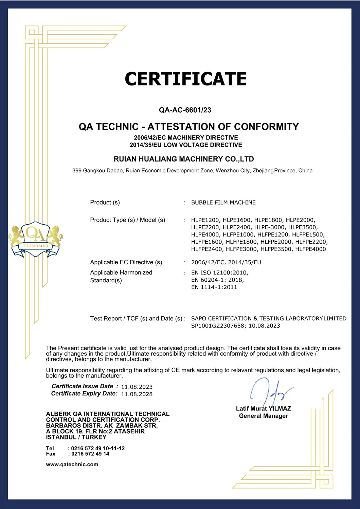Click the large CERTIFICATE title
click(185, 79)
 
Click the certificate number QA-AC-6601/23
click(185, 110)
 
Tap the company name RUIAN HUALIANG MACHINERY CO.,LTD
click(184, 159)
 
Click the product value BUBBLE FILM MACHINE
click(223, 203)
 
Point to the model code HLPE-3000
click(269, 227)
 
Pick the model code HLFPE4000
click(310, 249)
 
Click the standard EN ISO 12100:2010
click(219, 272)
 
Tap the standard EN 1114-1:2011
click(214, 287)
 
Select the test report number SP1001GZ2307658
click(218, 326)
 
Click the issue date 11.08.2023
click(137, 387)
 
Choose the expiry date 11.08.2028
click(137, 394)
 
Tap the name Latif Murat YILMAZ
click(263, 409)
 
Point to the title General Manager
click(263, 416)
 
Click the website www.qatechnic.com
click(72, 465)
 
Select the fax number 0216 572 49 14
click(90, 454)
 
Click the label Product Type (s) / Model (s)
click(127, 220)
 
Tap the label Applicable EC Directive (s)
click(126, 262)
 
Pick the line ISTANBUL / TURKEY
click(76, 437)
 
